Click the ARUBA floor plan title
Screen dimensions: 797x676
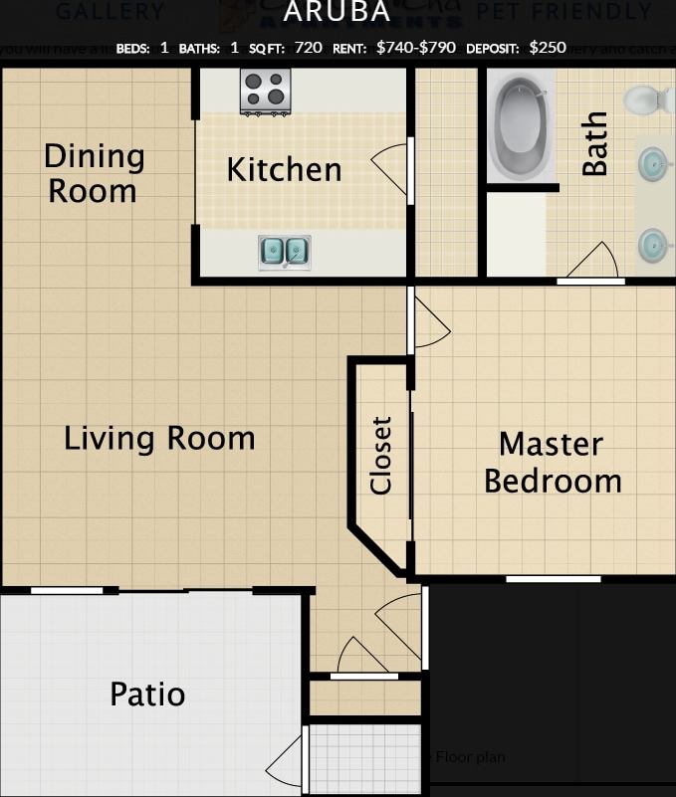pyautogui.click(x=337, y=12)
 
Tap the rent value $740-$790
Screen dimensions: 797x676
pyautogui.click(x=416, y=47)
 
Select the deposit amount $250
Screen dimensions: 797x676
pyautogui.click(x=548, y=47)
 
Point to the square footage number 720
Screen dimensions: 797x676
pyautogui.click(x=309, y=47)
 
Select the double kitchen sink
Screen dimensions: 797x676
pyautogui.click(x=284, y=253)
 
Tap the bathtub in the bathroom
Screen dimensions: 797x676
pyautogui.click(x=521, y=125)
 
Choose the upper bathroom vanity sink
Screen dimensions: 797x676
pyautogui.click(x=654, y=162)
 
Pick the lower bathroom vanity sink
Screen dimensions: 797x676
pyautogui.click(x=654, y=243)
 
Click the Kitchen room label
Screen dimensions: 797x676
pyautogui.click(x=284, y=170)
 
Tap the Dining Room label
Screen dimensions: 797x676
pyautogui.click(x=94, y=173)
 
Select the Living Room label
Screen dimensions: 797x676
pyautogui.click(x=159, y=438)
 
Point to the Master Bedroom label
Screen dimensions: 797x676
pyautogui.click(x=553, y=463)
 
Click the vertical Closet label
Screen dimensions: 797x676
pyautogui.click(x=381, y=455)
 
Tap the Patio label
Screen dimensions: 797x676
pyautogui.click(x=147, y=694)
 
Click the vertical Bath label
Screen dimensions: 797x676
pyautogui.click(x=594, y=144)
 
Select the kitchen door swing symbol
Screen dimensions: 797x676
pyautogui.click(x=392, y=170)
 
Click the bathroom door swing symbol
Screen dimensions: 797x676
pyautogui.click(x=593, y=262)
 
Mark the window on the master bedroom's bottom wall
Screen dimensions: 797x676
pyautogui.click(x=553, y=579)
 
